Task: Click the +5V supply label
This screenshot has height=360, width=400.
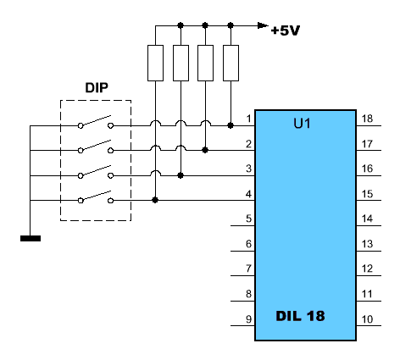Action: pos(286,30)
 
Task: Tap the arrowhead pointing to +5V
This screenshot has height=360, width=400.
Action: pos(264,25)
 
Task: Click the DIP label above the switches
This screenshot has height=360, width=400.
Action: pos(97,88)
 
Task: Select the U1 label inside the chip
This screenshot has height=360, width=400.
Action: pos(302,124)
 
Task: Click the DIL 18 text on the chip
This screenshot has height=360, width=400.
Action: pos(300,316)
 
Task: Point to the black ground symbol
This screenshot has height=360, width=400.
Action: pos(31,239)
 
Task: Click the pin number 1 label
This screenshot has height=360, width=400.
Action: pos(248,119)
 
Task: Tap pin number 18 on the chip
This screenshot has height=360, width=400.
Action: pos(367,119)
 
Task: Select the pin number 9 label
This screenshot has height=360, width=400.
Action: pos(248,319)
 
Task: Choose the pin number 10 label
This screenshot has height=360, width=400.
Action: pos(367,319)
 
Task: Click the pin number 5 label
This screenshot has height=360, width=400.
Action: pos(248,219)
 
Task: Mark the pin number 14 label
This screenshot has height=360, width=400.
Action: pos(367,219)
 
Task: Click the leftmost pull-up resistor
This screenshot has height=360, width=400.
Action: pos(155,63)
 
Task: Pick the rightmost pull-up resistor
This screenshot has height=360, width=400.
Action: pos(231,63)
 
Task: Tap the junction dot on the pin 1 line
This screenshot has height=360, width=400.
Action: pos(231,125)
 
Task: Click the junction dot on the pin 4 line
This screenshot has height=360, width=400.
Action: pos(155,200)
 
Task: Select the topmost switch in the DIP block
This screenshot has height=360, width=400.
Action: pos(96,122)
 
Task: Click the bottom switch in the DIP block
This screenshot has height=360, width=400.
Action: pos(96,197)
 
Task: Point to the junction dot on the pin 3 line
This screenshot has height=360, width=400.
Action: pos(181,175)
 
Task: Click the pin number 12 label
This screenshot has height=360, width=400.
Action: pos(367,269)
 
